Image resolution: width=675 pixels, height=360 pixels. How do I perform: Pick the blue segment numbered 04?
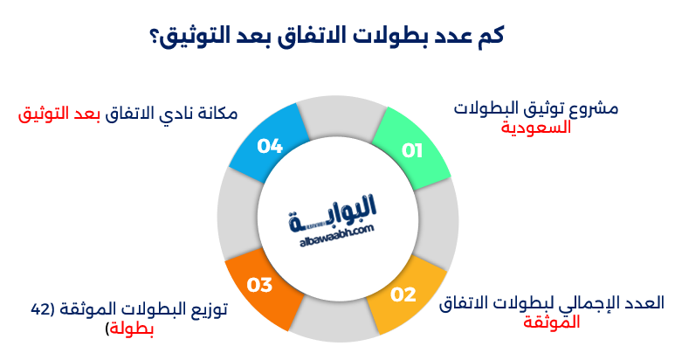click(268, 143)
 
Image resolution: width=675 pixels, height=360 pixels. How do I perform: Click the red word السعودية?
click(535, 127)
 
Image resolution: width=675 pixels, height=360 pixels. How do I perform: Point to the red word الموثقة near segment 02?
click(551, 322)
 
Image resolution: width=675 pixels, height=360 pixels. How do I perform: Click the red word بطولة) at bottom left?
click(130, 329)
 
